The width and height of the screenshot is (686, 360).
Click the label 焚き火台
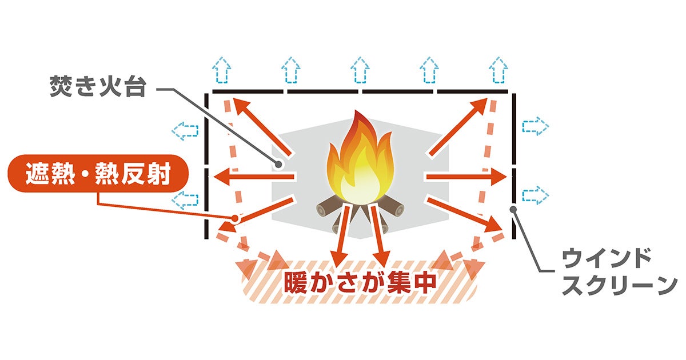(98, 86)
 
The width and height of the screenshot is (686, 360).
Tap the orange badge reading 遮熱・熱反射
(98, 174)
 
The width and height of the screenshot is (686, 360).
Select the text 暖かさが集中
(360, 282)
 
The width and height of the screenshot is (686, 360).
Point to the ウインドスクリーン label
(619, 272)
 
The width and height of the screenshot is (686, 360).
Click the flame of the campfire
(360, 159)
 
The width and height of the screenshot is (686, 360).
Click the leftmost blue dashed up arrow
(221, 70)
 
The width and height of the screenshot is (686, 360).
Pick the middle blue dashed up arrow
(360, 70)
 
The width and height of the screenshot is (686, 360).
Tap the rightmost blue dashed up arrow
(498, 70)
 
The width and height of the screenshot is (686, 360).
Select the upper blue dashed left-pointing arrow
(185, 131)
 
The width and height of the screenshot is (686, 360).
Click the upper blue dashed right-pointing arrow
(535, 126)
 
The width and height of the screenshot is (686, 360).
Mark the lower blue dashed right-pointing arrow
(535, 195)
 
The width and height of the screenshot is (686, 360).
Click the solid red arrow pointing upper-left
(262, 126)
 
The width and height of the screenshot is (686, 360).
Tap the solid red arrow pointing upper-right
(458, 126)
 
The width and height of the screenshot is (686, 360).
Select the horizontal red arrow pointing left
(254, 177)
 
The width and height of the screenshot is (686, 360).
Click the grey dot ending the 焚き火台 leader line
(278, 165)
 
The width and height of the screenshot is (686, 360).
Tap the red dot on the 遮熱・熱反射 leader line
(234, 218)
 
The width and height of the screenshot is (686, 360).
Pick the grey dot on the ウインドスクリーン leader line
(513, 209)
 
